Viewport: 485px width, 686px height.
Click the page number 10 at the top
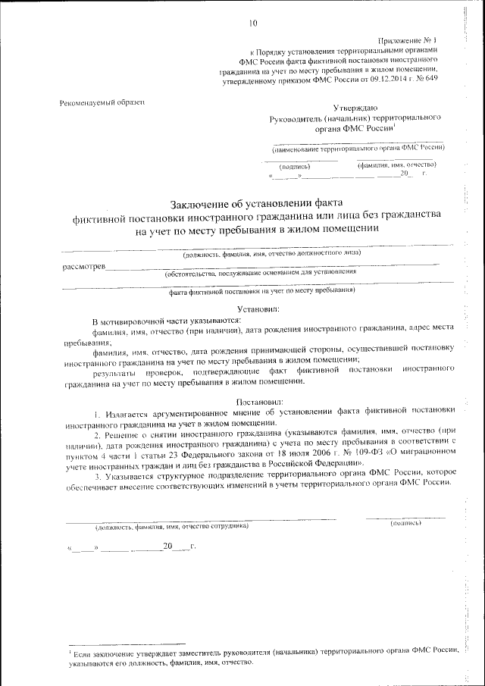pos(253,23)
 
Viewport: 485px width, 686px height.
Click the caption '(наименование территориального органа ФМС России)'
pos(358,149)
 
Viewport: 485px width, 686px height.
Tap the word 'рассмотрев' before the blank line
pos(84,266)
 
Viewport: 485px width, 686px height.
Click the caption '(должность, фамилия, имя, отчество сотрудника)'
pos(171,525)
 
